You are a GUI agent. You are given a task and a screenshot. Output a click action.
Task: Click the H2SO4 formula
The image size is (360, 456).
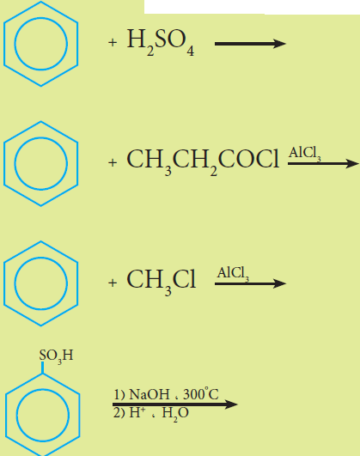coord(161,42)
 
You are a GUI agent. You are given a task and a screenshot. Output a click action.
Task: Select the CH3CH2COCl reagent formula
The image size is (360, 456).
coord(203,162)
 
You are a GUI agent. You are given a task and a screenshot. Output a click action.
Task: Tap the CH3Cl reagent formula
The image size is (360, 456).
coord(162,282)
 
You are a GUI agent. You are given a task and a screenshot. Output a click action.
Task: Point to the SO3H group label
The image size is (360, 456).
coord(56,356)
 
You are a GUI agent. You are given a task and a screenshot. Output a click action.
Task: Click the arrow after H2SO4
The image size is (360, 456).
coord(250,44)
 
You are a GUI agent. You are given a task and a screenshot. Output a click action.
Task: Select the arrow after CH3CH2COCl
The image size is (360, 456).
coord(323,163)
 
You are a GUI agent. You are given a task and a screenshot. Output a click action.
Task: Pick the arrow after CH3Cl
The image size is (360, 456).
coord(250,283)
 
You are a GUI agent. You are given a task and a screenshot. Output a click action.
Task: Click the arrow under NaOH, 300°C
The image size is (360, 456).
coord(175,404)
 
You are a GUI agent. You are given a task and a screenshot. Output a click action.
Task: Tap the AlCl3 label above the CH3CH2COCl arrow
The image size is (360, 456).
coord(305,153)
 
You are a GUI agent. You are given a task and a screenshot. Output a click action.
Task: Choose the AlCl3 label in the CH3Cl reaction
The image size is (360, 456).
coord(233,274)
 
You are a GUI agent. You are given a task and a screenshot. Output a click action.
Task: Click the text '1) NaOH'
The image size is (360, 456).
coord(142,394)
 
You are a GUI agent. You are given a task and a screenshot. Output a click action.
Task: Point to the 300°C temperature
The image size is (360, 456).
coord(201,393)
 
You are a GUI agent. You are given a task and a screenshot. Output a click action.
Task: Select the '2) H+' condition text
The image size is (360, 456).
coord(129,413)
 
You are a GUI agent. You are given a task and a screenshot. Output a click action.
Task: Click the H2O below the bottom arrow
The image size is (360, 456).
coord(175,414)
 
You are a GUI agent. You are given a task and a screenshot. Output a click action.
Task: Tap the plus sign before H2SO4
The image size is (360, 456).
coord(113,43)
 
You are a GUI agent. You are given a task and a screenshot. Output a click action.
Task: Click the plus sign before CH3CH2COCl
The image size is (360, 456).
coord(113,162)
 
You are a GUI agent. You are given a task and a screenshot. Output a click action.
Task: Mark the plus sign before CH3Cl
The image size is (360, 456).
coord(113,283)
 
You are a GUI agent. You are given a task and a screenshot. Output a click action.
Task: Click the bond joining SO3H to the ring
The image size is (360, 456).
coord(42,368)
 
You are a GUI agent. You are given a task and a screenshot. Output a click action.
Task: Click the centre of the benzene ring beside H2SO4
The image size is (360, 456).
coord(40,44)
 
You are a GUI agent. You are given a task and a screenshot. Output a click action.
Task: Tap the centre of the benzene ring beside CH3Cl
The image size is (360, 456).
coord(40,283)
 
